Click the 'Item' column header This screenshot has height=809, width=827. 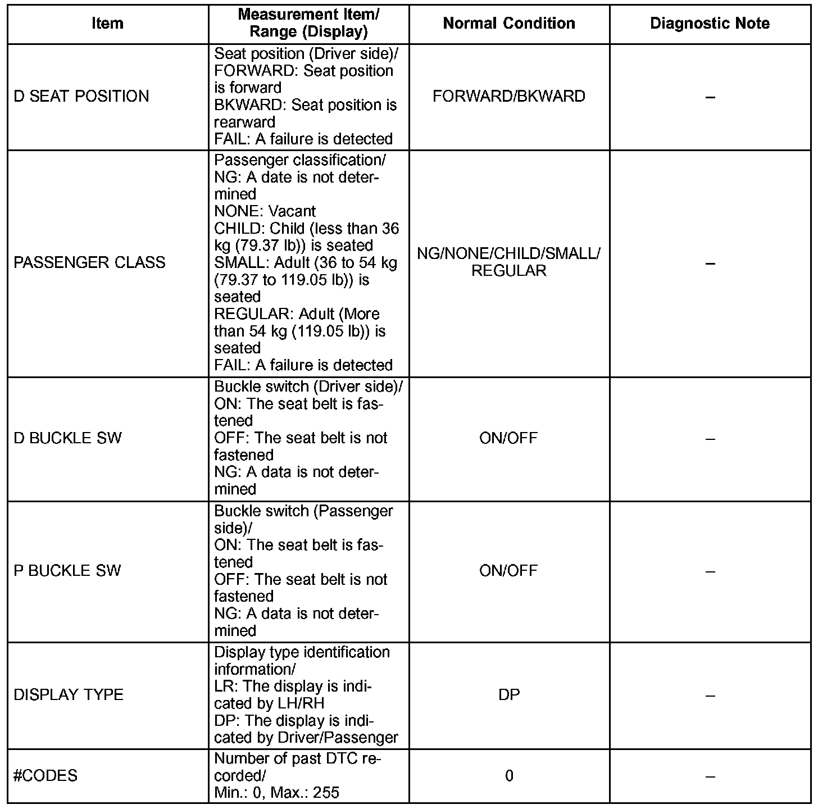pos(107,24)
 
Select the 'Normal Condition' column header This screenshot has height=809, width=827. pos(509,24)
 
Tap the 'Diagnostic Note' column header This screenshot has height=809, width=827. pos(710,24)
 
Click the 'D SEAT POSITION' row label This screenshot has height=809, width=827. pos(81,97)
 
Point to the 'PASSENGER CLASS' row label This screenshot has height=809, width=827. pos(89,263)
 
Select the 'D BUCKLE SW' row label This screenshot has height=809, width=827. pos(67,438)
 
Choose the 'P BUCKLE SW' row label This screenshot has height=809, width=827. pos(67,571)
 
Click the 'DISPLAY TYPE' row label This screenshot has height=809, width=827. pos(69,695)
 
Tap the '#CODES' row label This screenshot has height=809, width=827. pos(46,776)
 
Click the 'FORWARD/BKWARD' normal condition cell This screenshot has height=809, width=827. pos(509,97)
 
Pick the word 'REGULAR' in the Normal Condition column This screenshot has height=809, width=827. pos(509,271)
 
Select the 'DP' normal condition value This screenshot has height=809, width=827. pos(509,695)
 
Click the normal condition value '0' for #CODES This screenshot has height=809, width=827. pos(509,776)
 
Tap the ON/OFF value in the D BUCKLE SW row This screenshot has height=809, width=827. pos(508,438)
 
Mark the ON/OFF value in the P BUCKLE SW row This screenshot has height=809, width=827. pos(508,571)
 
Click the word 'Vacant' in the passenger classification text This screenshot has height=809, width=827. pos(292,212)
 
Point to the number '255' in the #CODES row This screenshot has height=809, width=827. pos(326,793)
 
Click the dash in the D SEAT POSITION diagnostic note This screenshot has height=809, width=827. pos(710,97)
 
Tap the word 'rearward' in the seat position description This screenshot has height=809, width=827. pos(245,122)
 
